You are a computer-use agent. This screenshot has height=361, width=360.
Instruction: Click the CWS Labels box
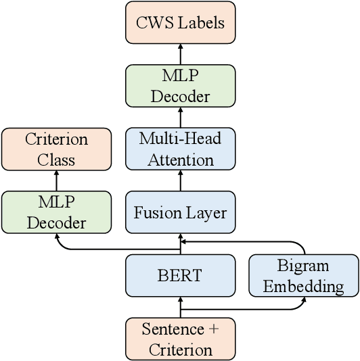coord(181,23)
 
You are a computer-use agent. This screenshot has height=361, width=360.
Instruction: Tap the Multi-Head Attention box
coord(181,149)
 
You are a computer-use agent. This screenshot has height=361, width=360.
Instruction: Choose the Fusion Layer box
coord(181,213)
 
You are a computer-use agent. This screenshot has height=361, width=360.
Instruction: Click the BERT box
coord(181,276)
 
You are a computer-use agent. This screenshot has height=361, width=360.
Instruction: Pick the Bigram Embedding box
coord(303,276)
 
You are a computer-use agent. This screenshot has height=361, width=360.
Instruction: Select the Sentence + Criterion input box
coord(181,339)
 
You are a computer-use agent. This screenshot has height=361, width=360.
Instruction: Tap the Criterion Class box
coord(56,149)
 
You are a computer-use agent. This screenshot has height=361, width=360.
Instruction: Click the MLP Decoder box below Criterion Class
coord(56,213)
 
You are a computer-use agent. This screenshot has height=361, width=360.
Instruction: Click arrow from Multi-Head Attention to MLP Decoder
coord(181,118)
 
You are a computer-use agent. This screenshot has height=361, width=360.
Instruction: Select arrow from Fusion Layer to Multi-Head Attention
coord(181,181)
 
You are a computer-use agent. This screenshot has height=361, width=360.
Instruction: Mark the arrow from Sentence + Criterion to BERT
coord(181,308)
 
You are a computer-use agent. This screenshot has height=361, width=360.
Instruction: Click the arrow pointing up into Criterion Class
coord(56,181)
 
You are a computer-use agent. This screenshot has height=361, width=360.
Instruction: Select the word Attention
coord(181,160)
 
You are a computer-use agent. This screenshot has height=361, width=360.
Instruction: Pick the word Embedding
coord(303,286)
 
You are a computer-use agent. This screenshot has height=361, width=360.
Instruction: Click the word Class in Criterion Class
coord(56,160)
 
